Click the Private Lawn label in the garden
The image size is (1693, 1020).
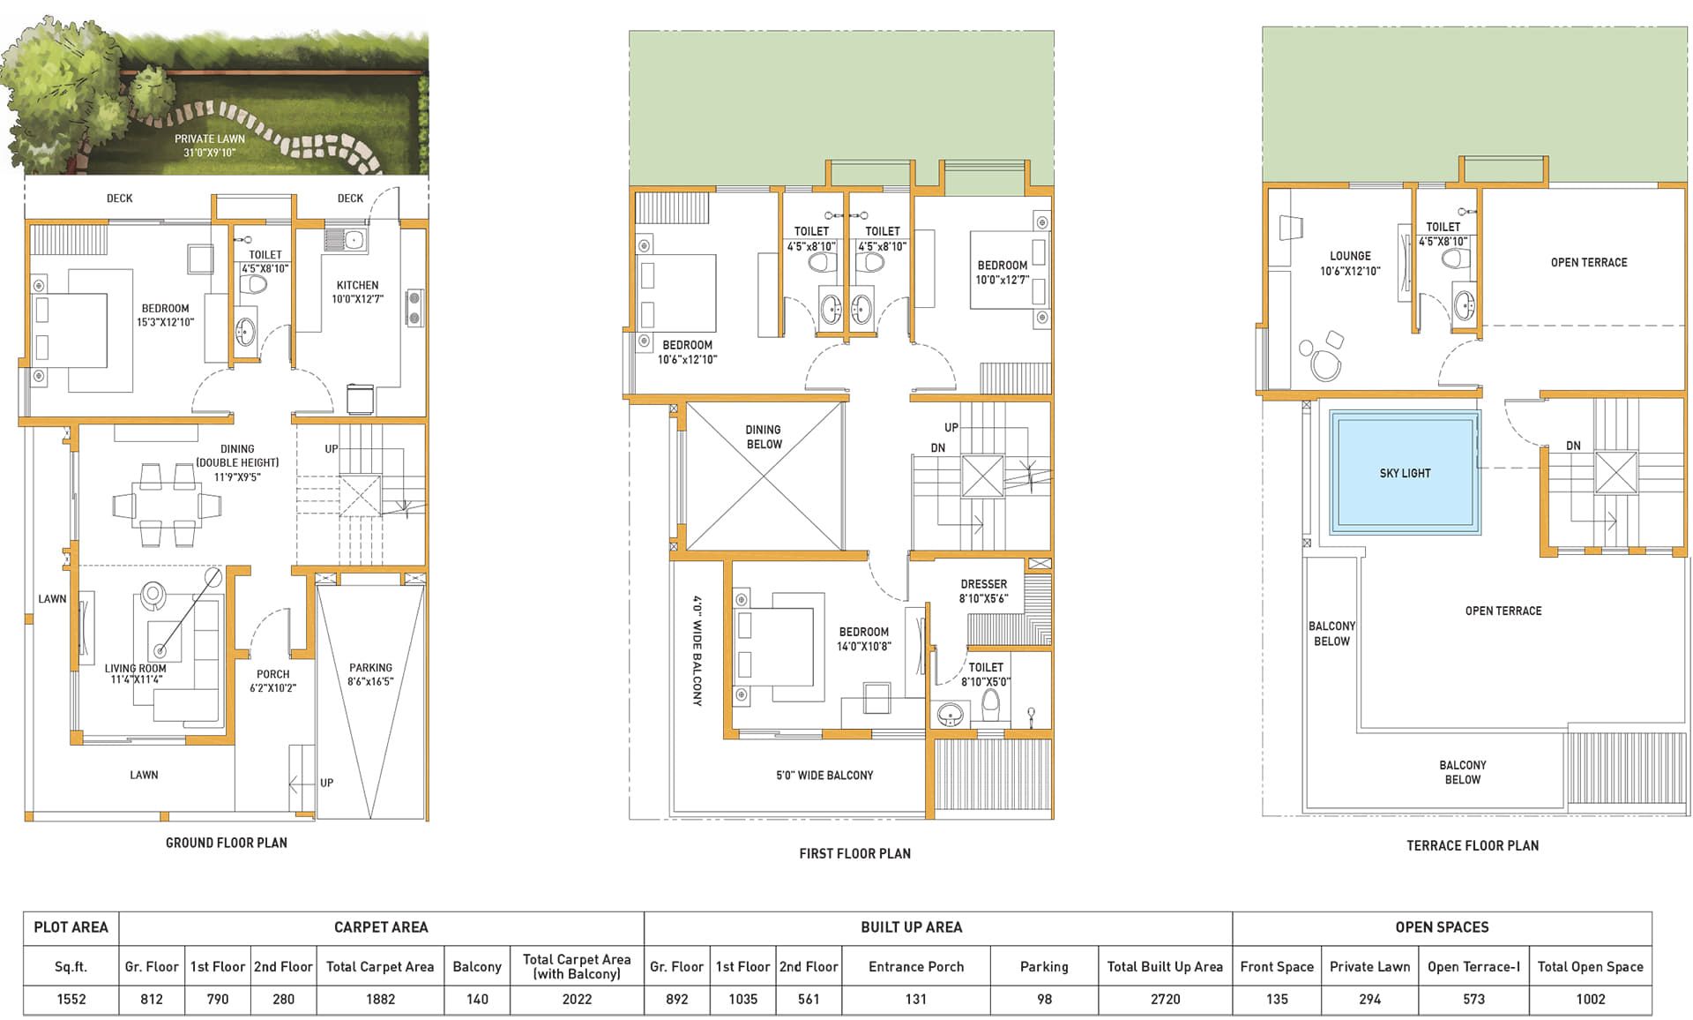tap(210, 146)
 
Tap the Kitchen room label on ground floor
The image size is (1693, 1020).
tap(357, 292)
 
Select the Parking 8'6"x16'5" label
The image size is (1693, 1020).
tap(370, 675)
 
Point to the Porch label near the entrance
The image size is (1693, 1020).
tap(273, 681)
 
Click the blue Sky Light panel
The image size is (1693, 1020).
tap(1406, 473)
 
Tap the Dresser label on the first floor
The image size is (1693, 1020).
tap(984, 591)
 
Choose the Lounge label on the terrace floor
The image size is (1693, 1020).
tap(1350, 263)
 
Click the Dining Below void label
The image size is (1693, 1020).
tap(764, 437)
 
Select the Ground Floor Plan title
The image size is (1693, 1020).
tap(227, 843)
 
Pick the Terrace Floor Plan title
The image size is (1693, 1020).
tap(1473, 845)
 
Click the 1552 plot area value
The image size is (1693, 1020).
tap(71, 999)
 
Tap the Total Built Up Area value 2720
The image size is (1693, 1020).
tap(1165, 999)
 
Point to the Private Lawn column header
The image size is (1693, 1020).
tap(1369, 966)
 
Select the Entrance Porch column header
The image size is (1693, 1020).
tap(916, 966)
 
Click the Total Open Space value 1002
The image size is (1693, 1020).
tap(1591, 999)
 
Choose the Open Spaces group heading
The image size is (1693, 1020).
tap(1442, 927)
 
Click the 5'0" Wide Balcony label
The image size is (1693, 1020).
tap(824, 776)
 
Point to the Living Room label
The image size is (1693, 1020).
tap(136, 674)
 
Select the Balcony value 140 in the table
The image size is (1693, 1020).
tap(477, 999)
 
